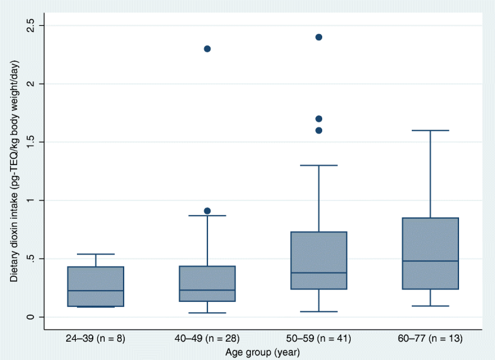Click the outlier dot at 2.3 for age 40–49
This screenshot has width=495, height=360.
pyautogui.click(x=207, y=49)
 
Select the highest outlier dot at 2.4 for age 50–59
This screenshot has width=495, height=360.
pyautogui.click(x=318, y=37)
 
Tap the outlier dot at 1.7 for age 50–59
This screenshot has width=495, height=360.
pyautogui.click(x=318, y=119)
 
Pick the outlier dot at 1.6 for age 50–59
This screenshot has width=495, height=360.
pyautogui.click(x=318, y=131)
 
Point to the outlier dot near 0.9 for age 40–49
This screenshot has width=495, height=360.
pyautogui.click(x=207, y=211)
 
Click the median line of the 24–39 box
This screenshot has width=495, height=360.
pyautogui.click(x=96, y=291)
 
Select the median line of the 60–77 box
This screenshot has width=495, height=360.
pyautogui.click(x=431, y=261)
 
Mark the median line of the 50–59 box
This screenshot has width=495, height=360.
pyautogui.click(x=318, y=273)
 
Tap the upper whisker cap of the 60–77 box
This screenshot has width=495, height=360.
pyautogui.click(x=431, y=131)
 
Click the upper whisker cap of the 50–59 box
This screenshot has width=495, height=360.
pyautogui.click(x=318, y=165)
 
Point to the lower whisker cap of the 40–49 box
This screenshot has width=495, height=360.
pyautogui.click(x=207, y=313)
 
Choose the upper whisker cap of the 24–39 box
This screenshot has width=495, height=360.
pyautogui.click(x=96, y=254)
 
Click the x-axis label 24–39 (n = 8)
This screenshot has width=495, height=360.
pyautogui.click(x=96, y=339)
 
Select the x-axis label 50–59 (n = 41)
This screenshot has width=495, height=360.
pyautogui.click(x=318, y=339)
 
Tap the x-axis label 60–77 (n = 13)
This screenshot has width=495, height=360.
pyautogui.click(x=431, y=339)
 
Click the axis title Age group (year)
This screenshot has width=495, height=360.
pyautogui.click(x=263, y=352)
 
